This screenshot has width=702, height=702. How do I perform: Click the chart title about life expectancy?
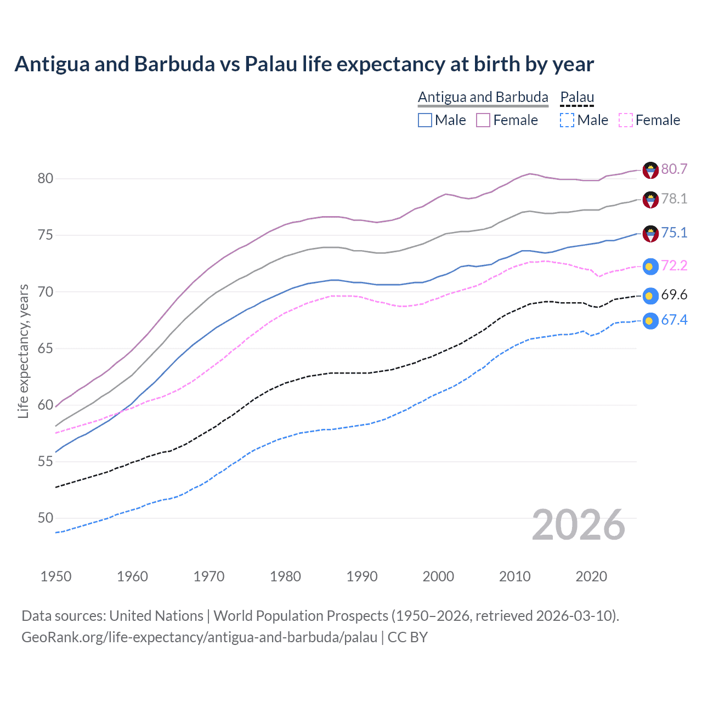tap(304, 64)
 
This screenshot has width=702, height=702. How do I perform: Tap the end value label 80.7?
tap(674, 169)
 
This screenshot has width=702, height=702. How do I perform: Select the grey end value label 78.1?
tap(674, 199)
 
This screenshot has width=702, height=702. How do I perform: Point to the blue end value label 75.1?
tap(674, 233)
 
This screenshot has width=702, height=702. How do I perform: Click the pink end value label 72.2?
tap(674, 266)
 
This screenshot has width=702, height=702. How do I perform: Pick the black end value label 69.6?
tap(674, 295)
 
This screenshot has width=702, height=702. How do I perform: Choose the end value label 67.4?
tap(674, 320)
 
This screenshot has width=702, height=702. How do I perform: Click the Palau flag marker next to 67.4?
tap(650, 321)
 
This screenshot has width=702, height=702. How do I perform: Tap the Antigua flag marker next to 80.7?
tap(650, 170)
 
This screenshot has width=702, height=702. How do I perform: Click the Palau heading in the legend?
tap(577, 97)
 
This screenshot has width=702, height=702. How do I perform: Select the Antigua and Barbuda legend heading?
tap(483, 97)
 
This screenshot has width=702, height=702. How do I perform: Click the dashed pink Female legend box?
tap(626, 120)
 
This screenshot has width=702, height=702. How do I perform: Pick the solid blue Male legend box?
tap(425, 120)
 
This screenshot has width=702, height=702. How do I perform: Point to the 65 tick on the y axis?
tap(46, 349)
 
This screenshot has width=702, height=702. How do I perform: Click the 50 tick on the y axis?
tap(46, 518)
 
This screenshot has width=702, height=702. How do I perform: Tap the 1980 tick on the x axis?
tap(285, 576)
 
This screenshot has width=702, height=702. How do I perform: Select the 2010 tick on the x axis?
tap(514, 576)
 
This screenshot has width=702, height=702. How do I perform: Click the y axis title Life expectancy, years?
tap(24, 351)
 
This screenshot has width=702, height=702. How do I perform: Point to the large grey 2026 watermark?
tap(578, 525)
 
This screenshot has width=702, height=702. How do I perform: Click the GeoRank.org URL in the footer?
tap(199, 637)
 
